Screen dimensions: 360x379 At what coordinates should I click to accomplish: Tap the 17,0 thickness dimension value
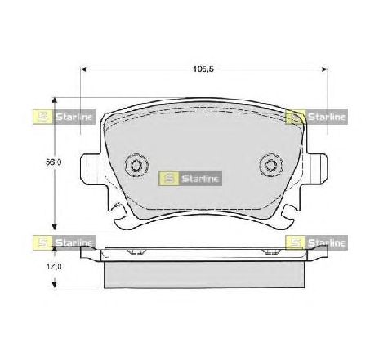pyautogui.click(x=52, y=265)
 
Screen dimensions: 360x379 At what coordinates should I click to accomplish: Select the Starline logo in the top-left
pyautogui.click(x=65, y=117)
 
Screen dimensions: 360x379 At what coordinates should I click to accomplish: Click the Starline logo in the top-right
pyautogui.click(x=318, y=117)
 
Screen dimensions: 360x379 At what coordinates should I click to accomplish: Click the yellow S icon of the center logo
pyautogui.click(x=169, y=177)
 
